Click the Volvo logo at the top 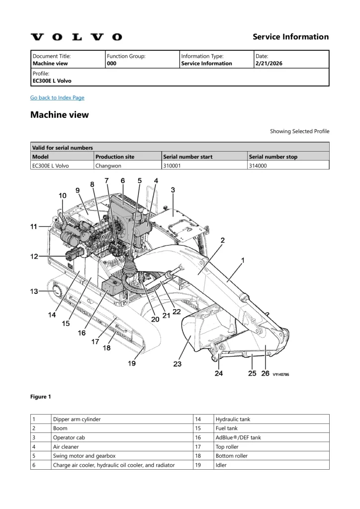pos(76,37)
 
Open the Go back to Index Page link pos(57,97)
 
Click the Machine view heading pos(60,115)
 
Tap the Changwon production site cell pos(108,166)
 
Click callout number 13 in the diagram pos(34,291)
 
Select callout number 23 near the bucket pos(178,364)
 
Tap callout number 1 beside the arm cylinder pos(242,260)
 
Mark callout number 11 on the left pos(34,227)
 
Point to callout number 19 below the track pos(132,363)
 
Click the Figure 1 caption pos(41,397)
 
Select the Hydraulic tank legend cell pos(233,419)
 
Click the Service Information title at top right pos(290,37)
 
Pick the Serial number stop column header pos(273,157)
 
